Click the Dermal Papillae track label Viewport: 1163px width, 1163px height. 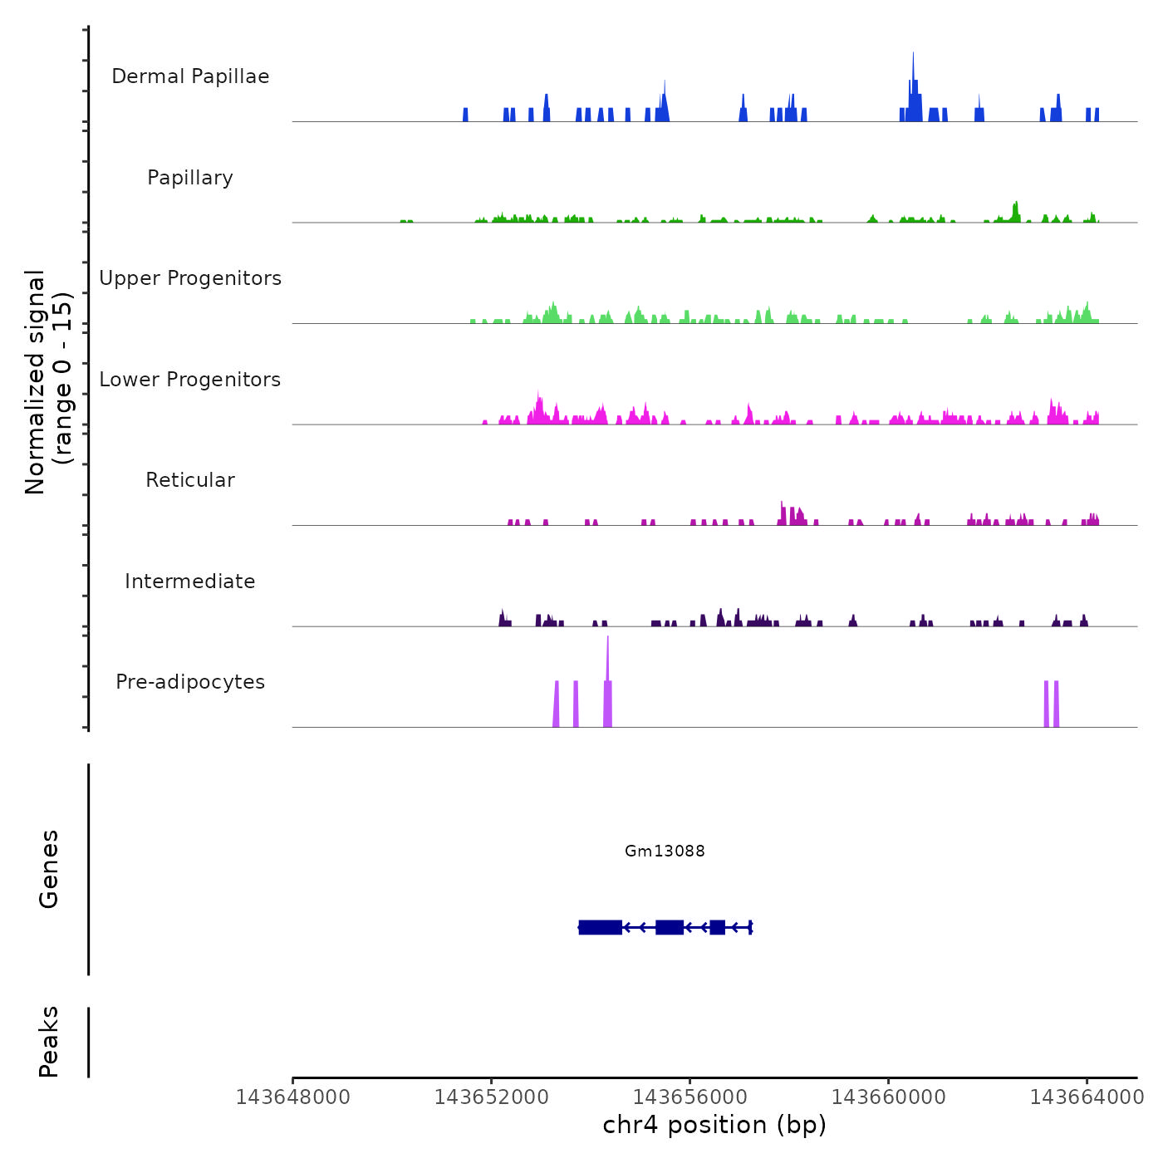[x=190, y=76]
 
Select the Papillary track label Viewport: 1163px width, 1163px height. [x=190, y=178]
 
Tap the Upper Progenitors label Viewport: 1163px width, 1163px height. [x=190, y=278]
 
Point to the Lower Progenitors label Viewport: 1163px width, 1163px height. [x=190, y=380]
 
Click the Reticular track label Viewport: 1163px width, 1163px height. [x=190, y=480]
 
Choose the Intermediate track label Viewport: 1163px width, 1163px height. [x=190, y=581]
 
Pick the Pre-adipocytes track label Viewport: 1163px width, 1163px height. [x=190, y=682]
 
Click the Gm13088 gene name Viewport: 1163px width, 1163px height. [x=665, y=851]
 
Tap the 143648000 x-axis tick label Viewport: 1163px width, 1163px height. [x=292, y=1097]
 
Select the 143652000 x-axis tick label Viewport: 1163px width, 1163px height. [x=491, y=1097]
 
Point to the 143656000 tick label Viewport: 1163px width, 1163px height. [x=689, y=1097]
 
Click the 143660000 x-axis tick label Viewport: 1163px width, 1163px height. [x=888, y=1097]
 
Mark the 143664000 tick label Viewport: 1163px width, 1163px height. [x=1087, y=1097]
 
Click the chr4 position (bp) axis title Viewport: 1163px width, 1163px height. [x=714, y=1125]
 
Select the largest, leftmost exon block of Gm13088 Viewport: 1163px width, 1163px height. [x=600, y=927]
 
